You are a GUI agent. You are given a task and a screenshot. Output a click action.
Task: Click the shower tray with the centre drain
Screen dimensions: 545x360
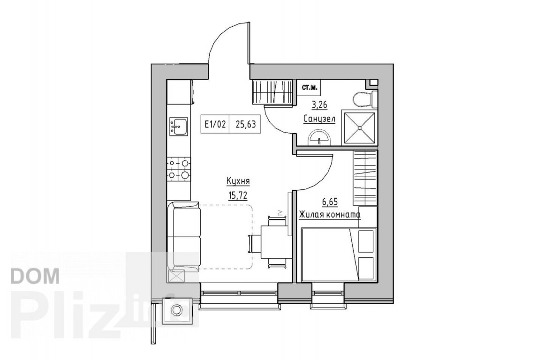[x=359, y=127]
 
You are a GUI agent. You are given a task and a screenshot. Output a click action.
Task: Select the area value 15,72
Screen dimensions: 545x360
[x=238, y=195]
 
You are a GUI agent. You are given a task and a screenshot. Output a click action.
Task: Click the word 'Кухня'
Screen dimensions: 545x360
[x=238, y=182]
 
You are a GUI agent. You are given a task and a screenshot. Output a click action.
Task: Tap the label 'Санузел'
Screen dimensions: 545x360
[x=319, y=119]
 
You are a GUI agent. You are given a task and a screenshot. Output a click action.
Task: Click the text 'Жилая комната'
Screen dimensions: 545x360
[x=330, y=215]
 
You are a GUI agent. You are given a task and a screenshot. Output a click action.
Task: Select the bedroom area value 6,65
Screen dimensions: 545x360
[x=330, y=202]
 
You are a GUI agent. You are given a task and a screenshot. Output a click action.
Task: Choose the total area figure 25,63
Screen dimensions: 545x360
[x=246, y=124]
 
